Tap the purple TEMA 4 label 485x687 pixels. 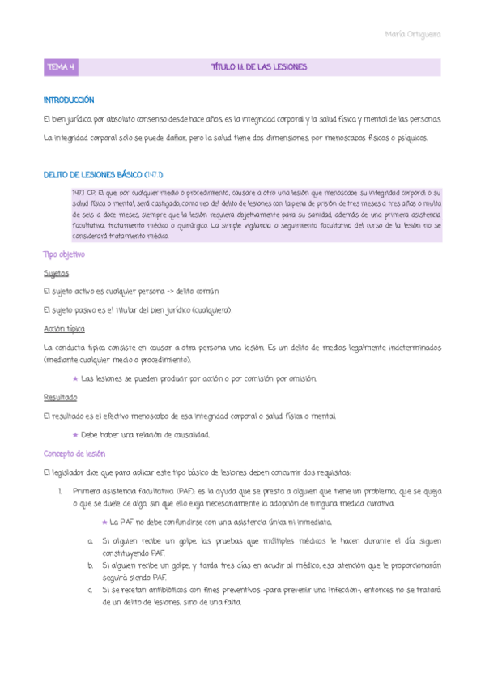pyautogui.click(x=62, y=67)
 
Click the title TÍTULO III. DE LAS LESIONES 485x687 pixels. pyautogui.click(x=258, y=67)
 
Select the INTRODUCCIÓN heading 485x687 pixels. pyautogui.click(x=69, y=100)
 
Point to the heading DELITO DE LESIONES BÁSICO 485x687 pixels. pyautogui.click(x=92, y=174)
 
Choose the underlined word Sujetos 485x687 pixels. pyautogui.click(x=57, y=274)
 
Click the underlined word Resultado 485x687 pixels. pyautogui.click(x=60, y=397)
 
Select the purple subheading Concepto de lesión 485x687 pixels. pyautogui.click(x=74, y=454)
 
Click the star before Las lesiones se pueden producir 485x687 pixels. pyautogui.click(x=75, y=378)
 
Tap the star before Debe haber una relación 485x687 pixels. pyautogui.click(x=75, y=434)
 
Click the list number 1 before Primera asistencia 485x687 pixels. pyautogui.click(x=61, y=490)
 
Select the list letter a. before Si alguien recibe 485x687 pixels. pyautogui.click(x=90, y=539)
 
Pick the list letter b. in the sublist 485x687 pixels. pyautogui.click(x=90, y=565)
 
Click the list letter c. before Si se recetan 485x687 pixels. pyautogui.click(x=90, y=590)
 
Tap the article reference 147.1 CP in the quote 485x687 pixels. pyautogui.click(x=84, y=193)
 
